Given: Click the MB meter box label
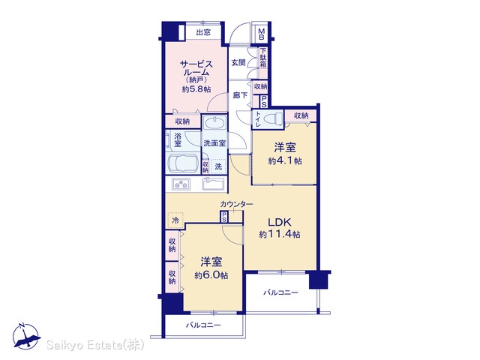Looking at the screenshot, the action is pyautogui.click(x=261, y=34).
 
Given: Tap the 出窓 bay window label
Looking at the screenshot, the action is pyautogui.click(x=203, y=32).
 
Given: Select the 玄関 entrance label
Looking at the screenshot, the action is pyautogui.click(x=238, y=63).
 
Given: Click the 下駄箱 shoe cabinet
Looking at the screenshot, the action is pyautogui.click(x=263, y=62).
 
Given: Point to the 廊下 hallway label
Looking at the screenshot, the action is pyautogui.click(x=240, y=95).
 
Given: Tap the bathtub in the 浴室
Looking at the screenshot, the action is pyautogui.click(x=183, y=164).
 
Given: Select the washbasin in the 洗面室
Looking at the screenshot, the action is pyautogui.click(x=214, y=123).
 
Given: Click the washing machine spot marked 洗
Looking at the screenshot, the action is pyautogui.click(x=218, y=166).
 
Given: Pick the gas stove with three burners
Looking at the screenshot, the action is pyautogui.click(x=181, y=184).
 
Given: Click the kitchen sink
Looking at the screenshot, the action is pyautogui.click(x=213, y=184).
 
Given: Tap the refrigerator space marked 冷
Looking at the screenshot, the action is pyautogui.click(x=175, y=220).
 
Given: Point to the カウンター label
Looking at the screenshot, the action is pyautogui.click(x=236, y=204).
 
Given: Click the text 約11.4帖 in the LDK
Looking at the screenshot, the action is pyautogui.click(x=280, y=235).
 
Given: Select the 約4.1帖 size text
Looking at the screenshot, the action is pyautogui.click(x=285, y=160).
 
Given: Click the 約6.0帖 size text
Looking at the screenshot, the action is pyautogui.click(x=211, y=275).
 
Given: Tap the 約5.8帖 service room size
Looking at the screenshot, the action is pyautogui.click(x=196, y=89).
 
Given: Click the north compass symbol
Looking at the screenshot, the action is pyautogui.click(x=26, y=337).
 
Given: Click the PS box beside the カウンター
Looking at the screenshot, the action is pyautogui.click(x=224, y=217).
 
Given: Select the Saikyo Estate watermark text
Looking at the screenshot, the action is pyautogui.click(x=95, y=345).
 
